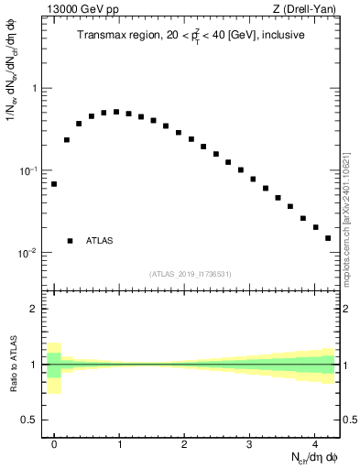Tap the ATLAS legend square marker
(70, 241)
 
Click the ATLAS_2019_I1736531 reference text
(191, 274)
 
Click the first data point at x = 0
(54, 184)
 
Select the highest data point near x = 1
(116, 112)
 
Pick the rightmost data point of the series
(328, 238)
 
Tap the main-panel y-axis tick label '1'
(36, 89)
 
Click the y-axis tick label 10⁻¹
(31, 171)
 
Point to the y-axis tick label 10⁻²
(31, 254)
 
